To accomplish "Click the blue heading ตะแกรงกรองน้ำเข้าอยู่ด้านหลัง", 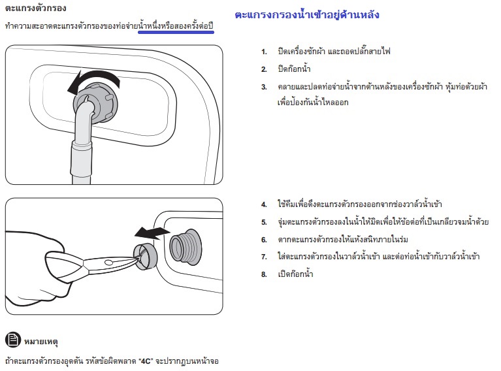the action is (307, 15).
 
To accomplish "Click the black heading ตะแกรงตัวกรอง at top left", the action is (36, 8).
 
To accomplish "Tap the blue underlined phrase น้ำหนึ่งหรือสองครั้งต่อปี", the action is (176, 25).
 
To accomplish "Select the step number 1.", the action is (264, 52).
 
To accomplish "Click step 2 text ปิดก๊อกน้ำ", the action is (294, 69).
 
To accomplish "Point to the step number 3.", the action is (264, 87).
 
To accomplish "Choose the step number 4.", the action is (264, 204).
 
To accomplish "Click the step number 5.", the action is (264, 222).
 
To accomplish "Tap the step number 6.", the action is (264, 240).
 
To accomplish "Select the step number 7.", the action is (264, 257).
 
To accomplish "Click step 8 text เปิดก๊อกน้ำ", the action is (295, 274).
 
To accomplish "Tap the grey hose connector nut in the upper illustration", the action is (96, 103).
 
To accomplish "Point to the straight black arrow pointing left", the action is (152, 233).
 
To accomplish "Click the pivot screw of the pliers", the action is (109, 263).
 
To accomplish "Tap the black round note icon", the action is (13, 340).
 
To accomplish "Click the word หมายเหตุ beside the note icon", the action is (41, 342).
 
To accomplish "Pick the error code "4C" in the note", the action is (146, 361).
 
